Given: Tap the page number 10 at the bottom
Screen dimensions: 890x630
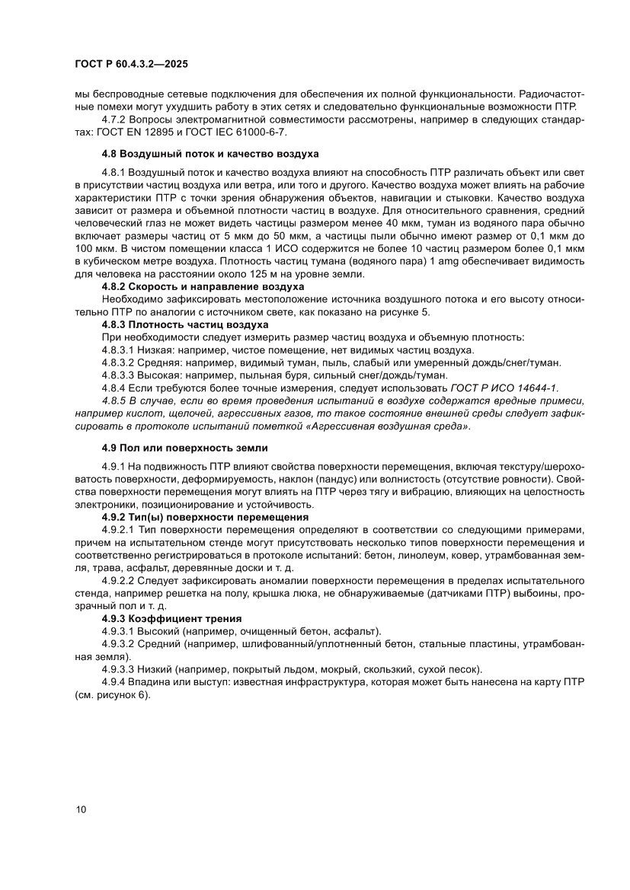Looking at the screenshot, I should click(82, 809).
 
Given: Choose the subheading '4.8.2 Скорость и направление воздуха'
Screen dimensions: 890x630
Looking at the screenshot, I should click(203, 286).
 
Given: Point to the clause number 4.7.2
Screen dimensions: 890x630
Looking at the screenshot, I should click(116, 120).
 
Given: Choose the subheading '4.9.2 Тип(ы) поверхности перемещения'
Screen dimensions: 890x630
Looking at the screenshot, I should click(205, 517).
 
